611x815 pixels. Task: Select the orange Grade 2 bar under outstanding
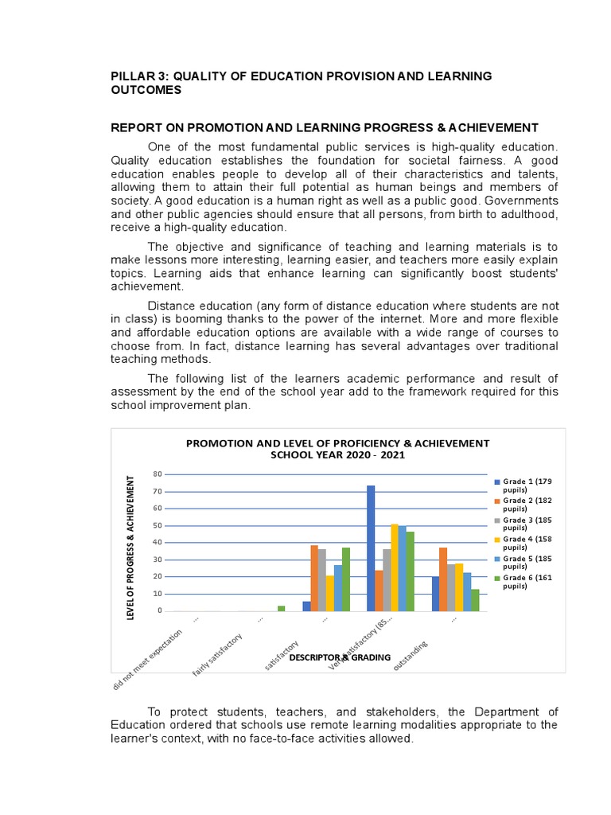click(x=442, y=579)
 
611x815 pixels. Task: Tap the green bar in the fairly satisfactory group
click(x=281, y=609)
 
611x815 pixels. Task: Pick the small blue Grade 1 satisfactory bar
click(x=306, y=606)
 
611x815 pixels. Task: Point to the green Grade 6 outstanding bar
click(x=475, y=600)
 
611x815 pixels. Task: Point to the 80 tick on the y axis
click(x=158, y=474)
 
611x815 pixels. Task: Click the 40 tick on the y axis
click(x=158, y=543)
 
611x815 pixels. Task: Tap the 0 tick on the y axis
click(x=160, y=611)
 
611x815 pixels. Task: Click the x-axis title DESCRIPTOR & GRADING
click(x=340, y=657)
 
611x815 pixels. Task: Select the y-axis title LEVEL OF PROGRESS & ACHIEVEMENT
click(x=133, y=546)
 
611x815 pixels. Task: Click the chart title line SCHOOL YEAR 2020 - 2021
click(x=338, y=456)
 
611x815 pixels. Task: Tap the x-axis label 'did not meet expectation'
click(x=148, y=659)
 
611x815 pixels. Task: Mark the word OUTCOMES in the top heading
click(x=146, y=90)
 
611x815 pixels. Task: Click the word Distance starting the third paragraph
click(x=173, y=306)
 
